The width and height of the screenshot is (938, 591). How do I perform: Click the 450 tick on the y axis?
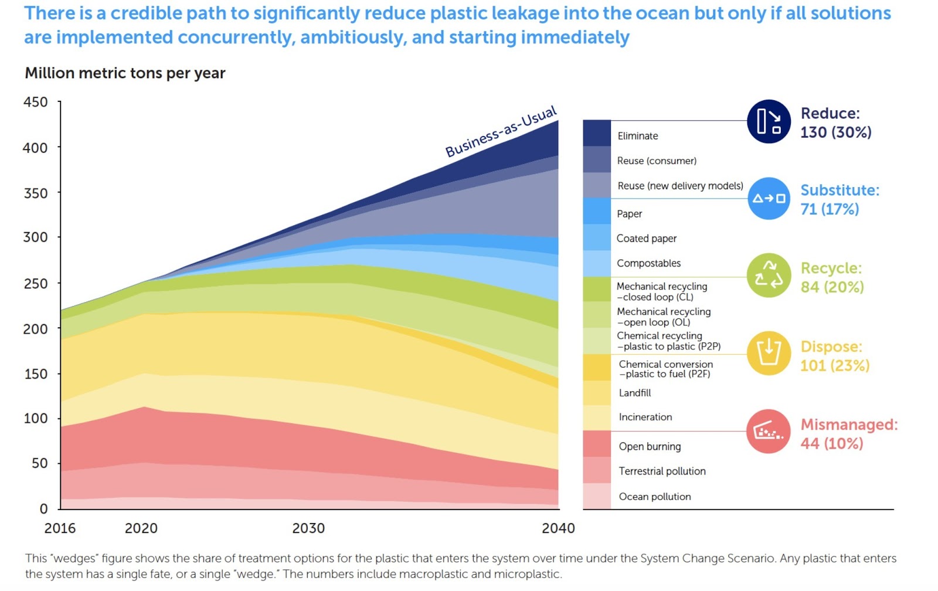36,102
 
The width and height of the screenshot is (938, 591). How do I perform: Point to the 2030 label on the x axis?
308,528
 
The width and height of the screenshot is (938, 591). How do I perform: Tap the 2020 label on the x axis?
141,528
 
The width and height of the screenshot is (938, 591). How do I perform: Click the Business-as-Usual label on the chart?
501,132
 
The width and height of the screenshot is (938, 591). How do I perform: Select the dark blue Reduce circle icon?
769,121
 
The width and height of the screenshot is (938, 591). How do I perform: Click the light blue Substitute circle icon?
769,199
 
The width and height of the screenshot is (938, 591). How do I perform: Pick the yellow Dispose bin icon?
769,354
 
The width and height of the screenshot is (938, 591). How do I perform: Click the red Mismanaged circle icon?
769,432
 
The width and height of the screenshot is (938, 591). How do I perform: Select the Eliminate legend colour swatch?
596,133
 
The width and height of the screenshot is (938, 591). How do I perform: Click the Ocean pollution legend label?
654,497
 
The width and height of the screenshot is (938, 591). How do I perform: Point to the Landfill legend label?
634,393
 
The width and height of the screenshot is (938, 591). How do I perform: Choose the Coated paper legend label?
646,239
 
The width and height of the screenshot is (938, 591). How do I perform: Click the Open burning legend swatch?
596,444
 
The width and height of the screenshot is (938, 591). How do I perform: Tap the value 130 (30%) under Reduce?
835,133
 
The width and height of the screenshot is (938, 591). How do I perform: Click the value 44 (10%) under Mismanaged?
831,444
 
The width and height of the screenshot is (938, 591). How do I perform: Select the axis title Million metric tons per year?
125,73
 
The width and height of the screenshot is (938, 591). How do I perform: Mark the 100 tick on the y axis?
36,419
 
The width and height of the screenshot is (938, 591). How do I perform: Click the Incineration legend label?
645,417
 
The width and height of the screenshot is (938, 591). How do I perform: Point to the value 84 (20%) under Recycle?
832,287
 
